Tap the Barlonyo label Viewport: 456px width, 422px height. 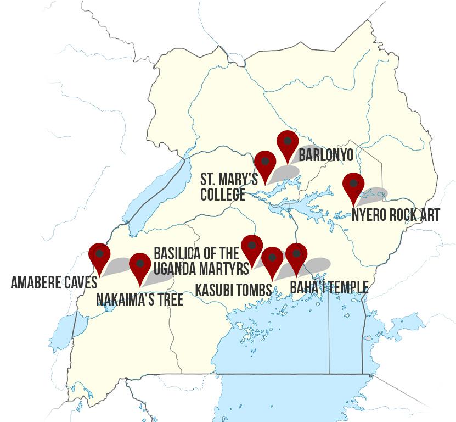pyautogui.click(x=325, y=155)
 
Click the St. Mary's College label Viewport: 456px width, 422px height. pyautogui.click(x=229, y=186)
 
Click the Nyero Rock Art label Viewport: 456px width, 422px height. pyautogui.click(x=395, y=215)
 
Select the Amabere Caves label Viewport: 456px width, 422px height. pyautogui.click(x=54, y=282)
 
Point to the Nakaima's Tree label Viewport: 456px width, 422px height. pyautogui.click(x=139, y=299)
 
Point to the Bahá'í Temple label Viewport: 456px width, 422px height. pyautogui.click(x=329, y=287)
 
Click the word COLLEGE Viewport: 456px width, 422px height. pyautogui.click(x=222, y=194)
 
